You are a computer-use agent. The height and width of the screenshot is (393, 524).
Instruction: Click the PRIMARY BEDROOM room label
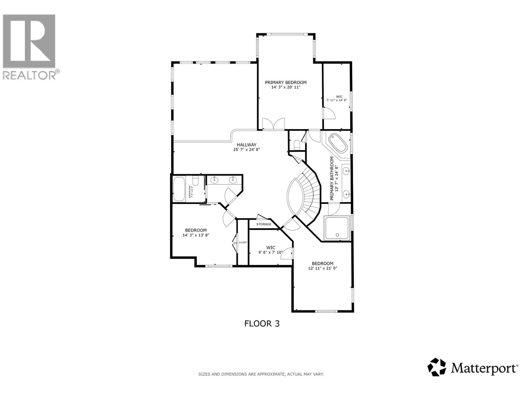click(286, 83)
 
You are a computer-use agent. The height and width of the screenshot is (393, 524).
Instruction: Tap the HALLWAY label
click(247, 144)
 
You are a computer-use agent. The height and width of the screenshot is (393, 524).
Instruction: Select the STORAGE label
click(264, 224)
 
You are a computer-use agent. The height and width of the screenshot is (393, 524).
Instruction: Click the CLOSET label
click(243, 242)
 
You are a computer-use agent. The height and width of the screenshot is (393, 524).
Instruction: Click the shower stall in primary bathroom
click(337, 228)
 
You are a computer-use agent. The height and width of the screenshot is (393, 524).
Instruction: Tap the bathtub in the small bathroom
click(179, 189)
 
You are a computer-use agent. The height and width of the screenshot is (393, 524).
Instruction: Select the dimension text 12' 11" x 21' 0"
click(323, 268)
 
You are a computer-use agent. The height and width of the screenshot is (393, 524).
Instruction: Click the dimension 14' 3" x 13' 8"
click(196, 235)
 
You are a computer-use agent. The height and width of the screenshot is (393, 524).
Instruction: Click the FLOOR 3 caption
click(262, 324)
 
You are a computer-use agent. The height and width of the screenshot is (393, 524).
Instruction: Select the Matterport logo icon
click(437, 367)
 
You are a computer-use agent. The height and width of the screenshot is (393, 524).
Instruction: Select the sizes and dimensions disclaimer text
click(261, 374)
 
